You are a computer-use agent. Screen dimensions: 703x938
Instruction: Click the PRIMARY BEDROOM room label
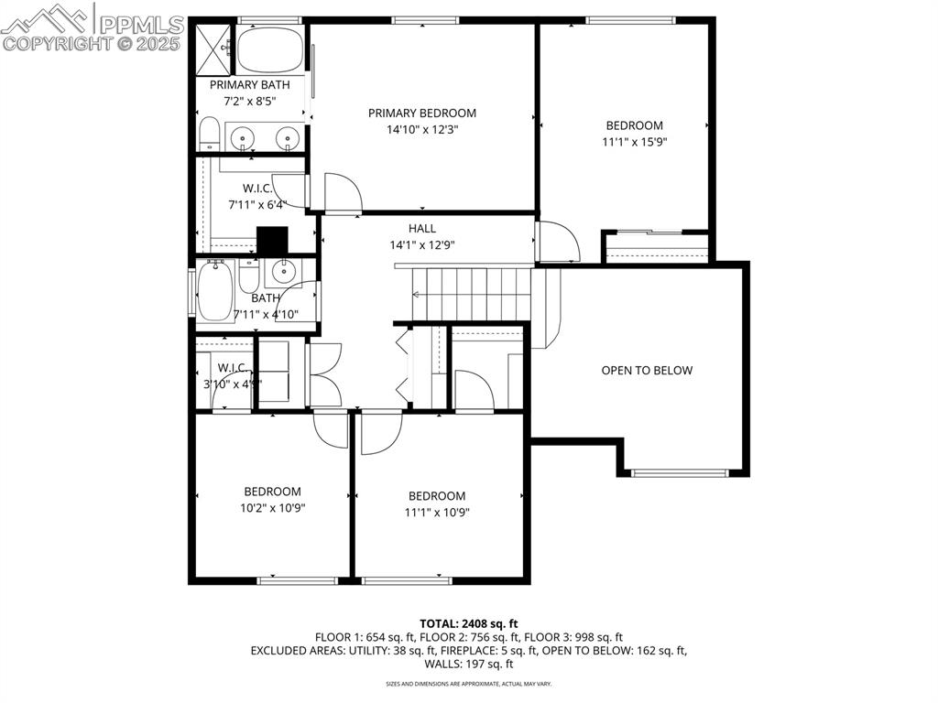pos(422,113)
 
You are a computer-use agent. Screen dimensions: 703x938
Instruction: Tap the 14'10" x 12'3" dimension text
pos(422,130)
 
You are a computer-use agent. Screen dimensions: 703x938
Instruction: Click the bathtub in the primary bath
pos(272,49)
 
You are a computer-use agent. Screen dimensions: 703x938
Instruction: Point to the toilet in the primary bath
pos(209,135)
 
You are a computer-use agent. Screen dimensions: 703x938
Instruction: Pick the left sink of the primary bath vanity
pos(244,137)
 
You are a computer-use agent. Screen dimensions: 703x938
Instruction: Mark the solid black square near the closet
pos(272,241)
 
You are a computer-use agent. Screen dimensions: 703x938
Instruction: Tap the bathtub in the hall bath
pos(216,290)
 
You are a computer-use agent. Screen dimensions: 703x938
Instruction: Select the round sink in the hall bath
pos(282,271)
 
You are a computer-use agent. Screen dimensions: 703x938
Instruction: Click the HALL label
pos(422,228)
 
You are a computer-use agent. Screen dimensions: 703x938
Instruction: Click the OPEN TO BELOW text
pos(647,371)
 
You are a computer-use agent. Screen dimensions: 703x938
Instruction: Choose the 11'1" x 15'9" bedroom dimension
pos(634,142)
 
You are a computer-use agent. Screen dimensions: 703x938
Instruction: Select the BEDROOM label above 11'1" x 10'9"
pos(437,496)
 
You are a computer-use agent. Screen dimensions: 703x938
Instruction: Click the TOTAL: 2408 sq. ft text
pos(468,623)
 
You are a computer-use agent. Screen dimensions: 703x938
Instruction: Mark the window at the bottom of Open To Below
pos(679,473)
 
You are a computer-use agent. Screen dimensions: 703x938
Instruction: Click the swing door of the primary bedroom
pos(342,192)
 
